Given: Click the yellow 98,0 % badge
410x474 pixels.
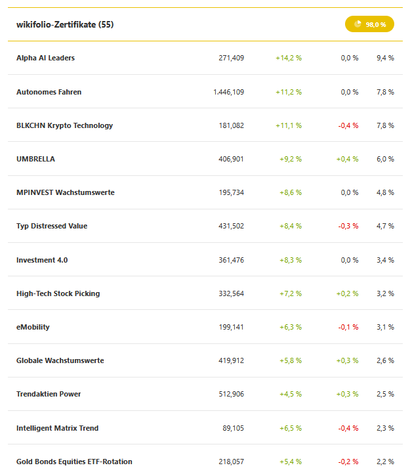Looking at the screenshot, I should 369,24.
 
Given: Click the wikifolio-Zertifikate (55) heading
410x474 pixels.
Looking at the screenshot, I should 66,24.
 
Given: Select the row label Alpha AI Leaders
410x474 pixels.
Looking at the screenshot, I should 45,58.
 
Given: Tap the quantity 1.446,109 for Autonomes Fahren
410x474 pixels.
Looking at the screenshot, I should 228,92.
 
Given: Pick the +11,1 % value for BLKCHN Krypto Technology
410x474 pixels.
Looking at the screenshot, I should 289,125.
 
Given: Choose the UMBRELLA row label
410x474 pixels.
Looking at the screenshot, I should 35,159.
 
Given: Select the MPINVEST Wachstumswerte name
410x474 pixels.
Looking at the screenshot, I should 65,192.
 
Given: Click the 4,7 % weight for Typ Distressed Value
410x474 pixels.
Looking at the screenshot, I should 385,226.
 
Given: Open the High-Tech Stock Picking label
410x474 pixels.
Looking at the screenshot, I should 58,293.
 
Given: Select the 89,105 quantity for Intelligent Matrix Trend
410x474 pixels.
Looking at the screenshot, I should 233,428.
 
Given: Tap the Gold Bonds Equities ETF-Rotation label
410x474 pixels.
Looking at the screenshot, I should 74,462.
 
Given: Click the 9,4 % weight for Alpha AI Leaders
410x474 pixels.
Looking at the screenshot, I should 385,58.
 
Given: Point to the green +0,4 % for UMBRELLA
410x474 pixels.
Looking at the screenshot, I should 347,159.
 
